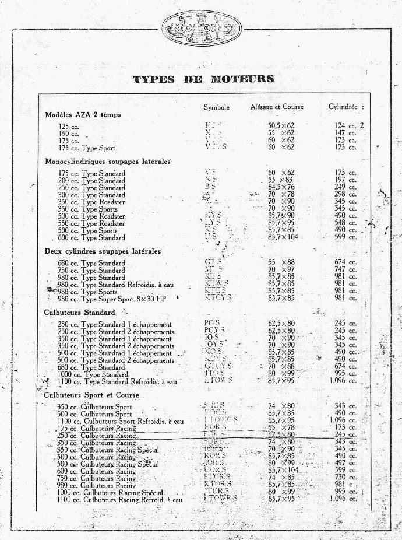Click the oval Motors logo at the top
click(200, 28)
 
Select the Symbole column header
click(216, 107)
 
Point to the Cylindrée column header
click(345, 107)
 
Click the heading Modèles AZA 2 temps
click(83, 115)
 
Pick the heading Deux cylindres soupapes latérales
click(103, 251)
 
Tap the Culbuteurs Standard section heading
click(80, 313)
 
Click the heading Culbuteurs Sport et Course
click(91, 395)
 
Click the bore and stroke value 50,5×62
click(281, 126)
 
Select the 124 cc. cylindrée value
click(345, 126)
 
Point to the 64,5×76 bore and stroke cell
click(281, 188)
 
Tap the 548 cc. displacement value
click(345, 223)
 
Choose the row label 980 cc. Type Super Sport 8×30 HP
click(111, 299)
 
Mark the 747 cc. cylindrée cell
click(345, 271)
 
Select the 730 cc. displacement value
click(345, 477)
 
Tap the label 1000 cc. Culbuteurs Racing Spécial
click(110, 492)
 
